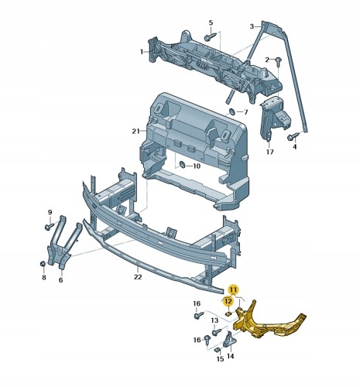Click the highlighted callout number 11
(x=233, y=289)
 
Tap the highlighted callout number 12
(x=228, y=301)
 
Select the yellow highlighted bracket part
(x=269, y=322)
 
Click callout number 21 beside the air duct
(x=135, y=132)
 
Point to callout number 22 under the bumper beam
(x=138, y=277)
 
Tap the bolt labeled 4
(x=293, y=136)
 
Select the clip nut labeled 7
(x=232, y=112)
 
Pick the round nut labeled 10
(x=182, y=164)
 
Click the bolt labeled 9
(x=50, y=226)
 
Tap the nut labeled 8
(x=43, y=264)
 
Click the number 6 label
(x=60, y=279)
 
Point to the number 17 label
(x=269, y=152)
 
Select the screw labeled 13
(x=217, y=332)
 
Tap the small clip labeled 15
(x=218, y=350)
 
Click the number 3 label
(x=252, y=26)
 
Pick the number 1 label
(x=142, y=52)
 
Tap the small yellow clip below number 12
(x=229, y=313)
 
